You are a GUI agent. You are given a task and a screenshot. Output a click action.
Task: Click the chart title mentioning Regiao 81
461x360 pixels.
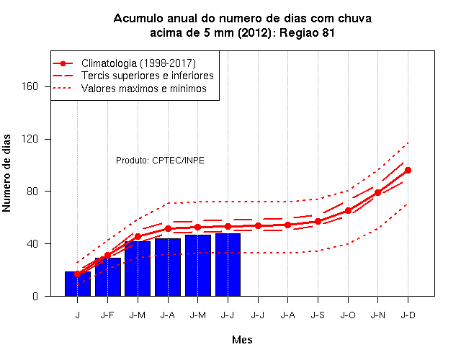(x=243, y=25)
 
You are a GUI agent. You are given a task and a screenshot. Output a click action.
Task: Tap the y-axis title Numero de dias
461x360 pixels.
(x=6, y=173)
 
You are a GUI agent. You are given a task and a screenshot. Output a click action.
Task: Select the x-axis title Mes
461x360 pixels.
(x=242, y=340)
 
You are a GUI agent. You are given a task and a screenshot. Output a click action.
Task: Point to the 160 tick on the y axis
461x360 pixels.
(x=30, y=86)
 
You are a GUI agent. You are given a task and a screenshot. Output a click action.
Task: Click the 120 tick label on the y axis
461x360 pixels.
(x=30, y=139)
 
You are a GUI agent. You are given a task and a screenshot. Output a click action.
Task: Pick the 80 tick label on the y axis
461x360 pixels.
(x=32, y=192)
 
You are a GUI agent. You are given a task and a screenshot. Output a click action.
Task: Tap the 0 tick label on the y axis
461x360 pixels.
(x=35, y=296)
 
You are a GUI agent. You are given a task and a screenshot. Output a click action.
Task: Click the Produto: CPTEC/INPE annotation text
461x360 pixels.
(x=160, y=160)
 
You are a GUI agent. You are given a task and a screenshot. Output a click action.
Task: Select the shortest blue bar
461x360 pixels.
(x=78, y=284)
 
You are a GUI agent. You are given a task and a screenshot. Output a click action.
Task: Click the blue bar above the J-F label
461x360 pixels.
(x=108, y=276)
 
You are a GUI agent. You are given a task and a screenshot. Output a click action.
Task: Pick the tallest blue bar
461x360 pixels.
(x=228, y=265)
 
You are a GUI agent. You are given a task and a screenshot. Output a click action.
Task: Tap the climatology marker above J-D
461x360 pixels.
(x=408, y=170)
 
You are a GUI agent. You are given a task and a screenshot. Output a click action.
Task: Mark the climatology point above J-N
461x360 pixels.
(x=377, y=192)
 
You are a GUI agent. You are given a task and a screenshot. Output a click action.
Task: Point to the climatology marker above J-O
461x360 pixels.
(x=348, y=210)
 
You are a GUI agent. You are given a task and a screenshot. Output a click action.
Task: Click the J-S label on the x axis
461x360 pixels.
(x=318, y=315)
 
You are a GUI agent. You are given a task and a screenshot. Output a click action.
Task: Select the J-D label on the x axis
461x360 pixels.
(x=408, y=315)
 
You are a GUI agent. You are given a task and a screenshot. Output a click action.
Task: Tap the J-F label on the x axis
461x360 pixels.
(x=107, y=315)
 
